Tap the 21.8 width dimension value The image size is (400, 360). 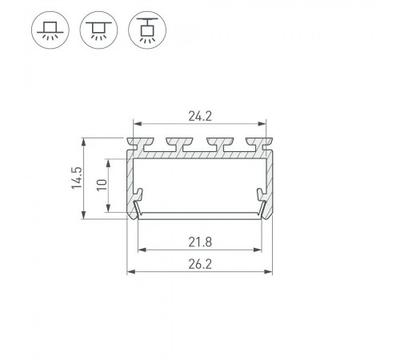[200, 240]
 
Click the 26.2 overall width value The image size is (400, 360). [200, 262]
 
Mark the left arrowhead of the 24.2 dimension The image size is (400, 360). [135, 124]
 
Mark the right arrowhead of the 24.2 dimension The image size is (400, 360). [265, 124]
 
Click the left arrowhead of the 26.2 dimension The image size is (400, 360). [130, 271]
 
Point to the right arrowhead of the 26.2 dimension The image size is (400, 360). [270, 271]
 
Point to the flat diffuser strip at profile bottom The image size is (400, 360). [200, 214]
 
